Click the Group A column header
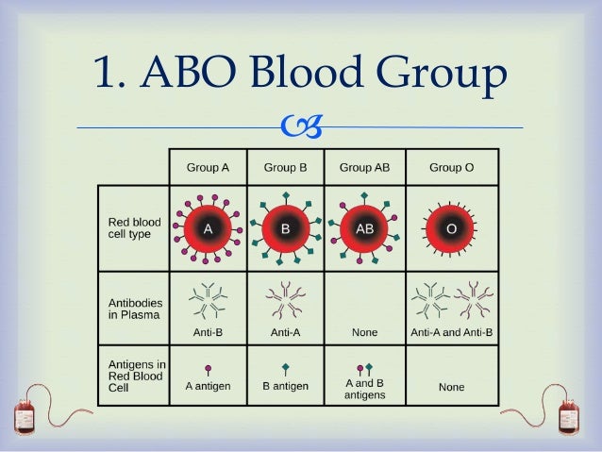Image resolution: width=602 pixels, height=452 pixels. pos(208,167)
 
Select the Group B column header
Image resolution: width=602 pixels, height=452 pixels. pos(285,167)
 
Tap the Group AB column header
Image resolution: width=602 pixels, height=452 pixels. pos(364,167)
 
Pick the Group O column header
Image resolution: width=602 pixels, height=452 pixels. pos(451,167)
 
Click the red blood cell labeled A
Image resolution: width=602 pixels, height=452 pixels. pos(208,227)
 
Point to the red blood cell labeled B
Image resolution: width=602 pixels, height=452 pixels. pos(285,227)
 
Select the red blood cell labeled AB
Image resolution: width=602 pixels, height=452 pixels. pos(364,227)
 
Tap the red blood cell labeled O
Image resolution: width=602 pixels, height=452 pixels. pos(451,227)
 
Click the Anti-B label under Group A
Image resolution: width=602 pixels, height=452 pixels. pos(208,332)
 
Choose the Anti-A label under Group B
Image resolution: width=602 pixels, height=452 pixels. pos(285,332)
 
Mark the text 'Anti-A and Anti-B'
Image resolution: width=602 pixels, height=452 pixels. pos(451,332)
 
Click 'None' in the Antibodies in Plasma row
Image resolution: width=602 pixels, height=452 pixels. pos(364,332)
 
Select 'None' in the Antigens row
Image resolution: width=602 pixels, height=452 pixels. pos(451,387)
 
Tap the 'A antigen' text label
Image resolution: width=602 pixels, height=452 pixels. pos(208,386)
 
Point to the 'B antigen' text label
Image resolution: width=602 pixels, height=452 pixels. pos(285,386)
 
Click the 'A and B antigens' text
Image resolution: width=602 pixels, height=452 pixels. pos(364,389)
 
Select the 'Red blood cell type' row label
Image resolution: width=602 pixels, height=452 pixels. pos(135,228)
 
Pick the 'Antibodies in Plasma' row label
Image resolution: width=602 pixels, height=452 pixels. pos(134,309)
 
